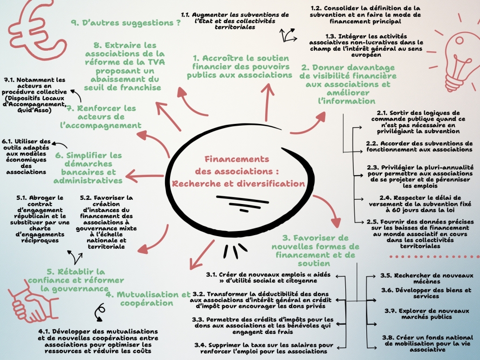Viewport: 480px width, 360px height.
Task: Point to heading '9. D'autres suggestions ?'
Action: tap(126, 22)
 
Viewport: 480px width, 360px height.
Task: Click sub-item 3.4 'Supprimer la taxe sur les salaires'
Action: tap(264, 348)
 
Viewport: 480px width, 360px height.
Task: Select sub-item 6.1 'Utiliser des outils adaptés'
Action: tap(27, 156)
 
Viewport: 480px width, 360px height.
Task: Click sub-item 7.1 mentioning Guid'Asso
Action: tap(35, 95)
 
